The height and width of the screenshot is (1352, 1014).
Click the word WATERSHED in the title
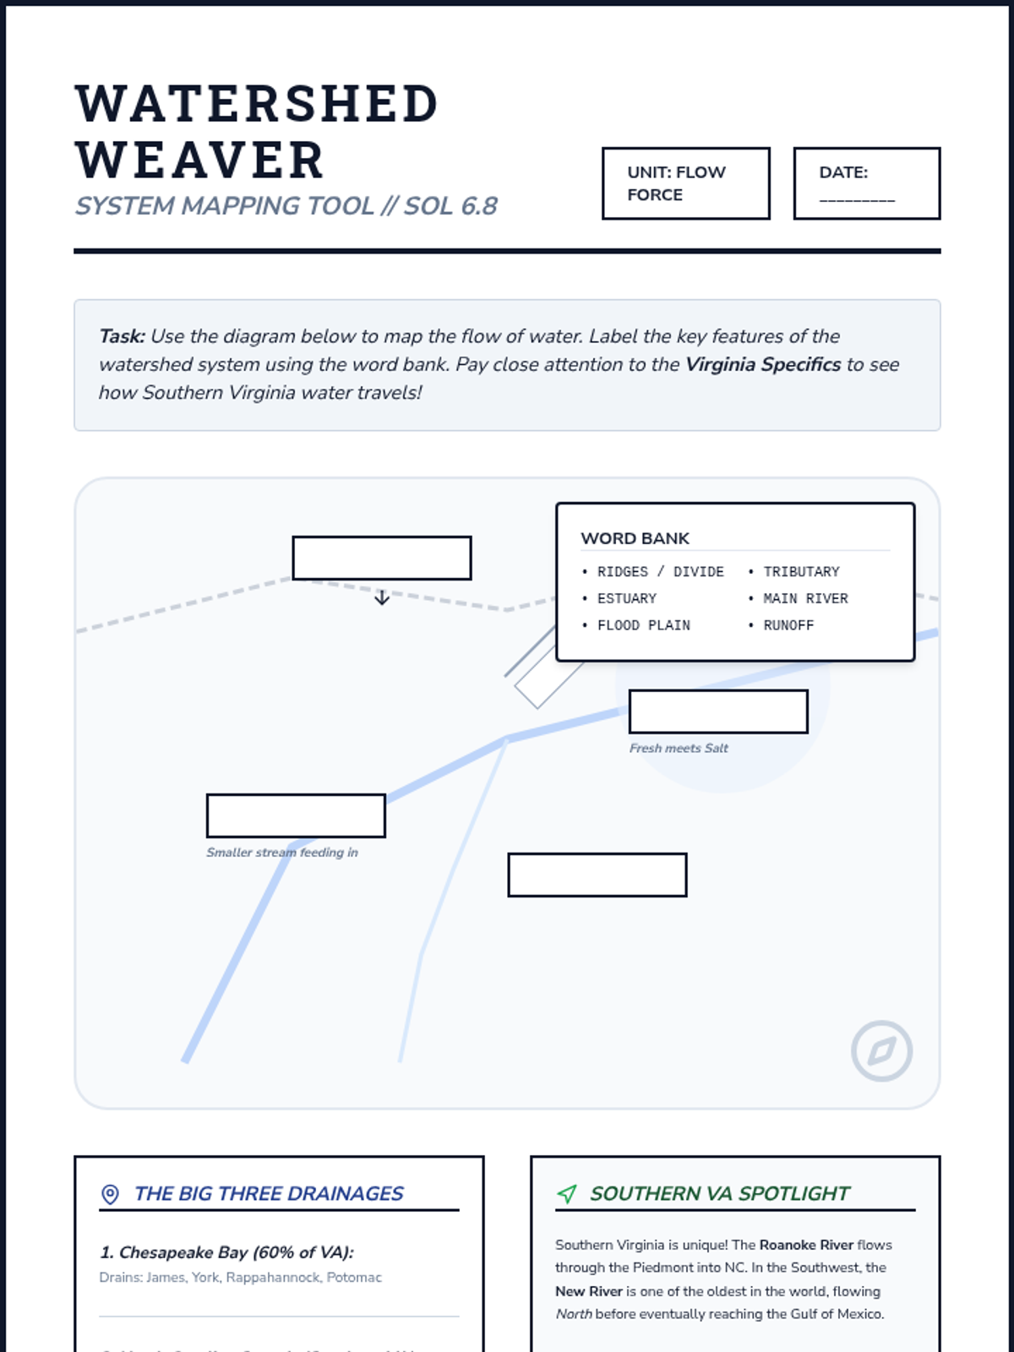click(257, 104)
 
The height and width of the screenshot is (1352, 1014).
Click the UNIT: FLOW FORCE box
click(685, 183)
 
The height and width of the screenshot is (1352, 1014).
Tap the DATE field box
click(866, 183)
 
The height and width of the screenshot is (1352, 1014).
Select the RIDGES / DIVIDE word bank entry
click(660, 572)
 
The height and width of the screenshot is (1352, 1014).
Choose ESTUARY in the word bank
click(626, 599)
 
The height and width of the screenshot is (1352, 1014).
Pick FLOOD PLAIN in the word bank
click(643, 626)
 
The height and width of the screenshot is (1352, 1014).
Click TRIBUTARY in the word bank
click(801, 572)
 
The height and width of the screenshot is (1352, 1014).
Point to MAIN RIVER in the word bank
click(805, 599)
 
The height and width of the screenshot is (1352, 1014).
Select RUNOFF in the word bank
click(788, 626)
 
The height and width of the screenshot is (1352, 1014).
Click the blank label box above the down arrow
click(381, 558)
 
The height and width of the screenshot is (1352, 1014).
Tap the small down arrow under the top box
click(382, 598)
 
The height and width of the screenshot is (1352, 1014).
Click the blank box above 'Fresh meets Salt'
click(718, 711)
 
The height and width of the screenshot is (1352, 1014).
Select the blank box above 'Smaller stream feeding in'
click(296, 815)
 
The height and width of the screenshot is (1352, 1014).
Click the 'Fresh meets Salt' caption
click(679, 749)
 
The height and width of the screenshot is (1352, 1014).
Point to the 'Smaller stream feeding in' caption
click(282, 853)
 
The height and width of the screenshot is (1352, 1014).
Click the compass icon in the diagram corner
click(881, 1051)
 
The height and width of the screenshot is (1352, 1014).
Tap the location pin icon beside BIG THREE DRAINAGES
click(110, 1194)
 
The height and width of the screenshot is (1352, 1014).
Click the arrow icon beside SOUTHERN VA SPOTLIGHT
click(567, 1194)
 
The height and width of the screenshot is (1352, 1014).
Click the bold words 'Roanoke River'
click(806, 1245)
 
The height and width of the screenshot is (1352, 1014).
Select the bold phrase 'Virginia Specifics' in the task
click(762, 364)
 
